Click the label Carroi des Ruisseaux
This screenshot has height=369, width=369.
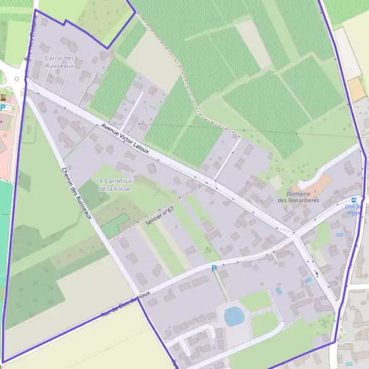(x=60, y=61)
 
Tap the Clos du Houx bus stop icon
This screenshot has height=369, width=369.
(x=354, y=200)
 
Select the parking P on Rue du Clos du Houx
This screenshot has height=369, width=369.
(x=214, y=268)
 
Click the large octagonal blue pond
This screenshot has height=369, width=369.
(x=234, y=316)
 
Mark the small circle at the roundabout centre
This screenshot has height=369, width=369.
(x=17, y=78)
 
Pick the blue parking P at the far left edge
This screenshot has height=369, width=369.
(x=2, y=108)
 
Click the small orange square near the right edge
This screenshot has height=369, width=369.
(x=357, y=90)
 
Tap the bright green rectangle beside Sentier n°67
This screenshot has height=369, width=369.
(x=116, y=226)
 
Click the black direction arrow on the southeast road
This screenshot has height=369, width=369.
(x=315, y=273)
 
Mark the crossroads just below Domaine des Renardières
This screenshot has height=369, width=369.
(x=294, y=233)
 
